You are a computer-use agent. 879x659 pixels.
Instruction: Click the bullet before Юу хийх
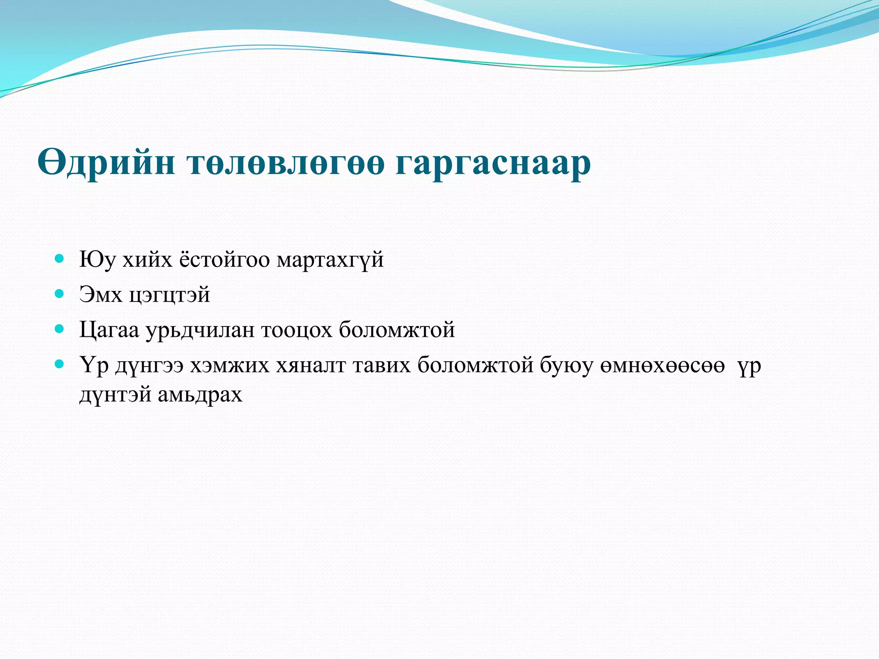[x=60, y=259]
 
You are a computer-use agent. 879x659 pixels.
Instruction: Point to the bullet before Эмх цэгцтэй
[x=60, y=294]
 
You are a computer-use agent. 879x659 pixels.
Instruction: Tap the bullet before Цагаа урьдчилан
[x=60, y=329]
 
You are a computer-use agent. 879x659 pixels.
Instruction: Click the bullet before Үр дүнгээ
[x=60, y=365]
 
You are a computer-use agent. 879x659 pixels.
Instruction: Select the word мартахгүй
[x=330, y=260]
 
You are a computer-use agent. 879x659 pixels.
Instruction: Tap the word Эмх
[x=100, y=295]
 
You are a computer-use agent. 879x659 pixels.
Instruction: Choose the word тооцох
[x=297, y=330]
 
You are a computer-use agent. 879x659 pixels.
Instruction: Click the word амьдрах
[x=200, y=395]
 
